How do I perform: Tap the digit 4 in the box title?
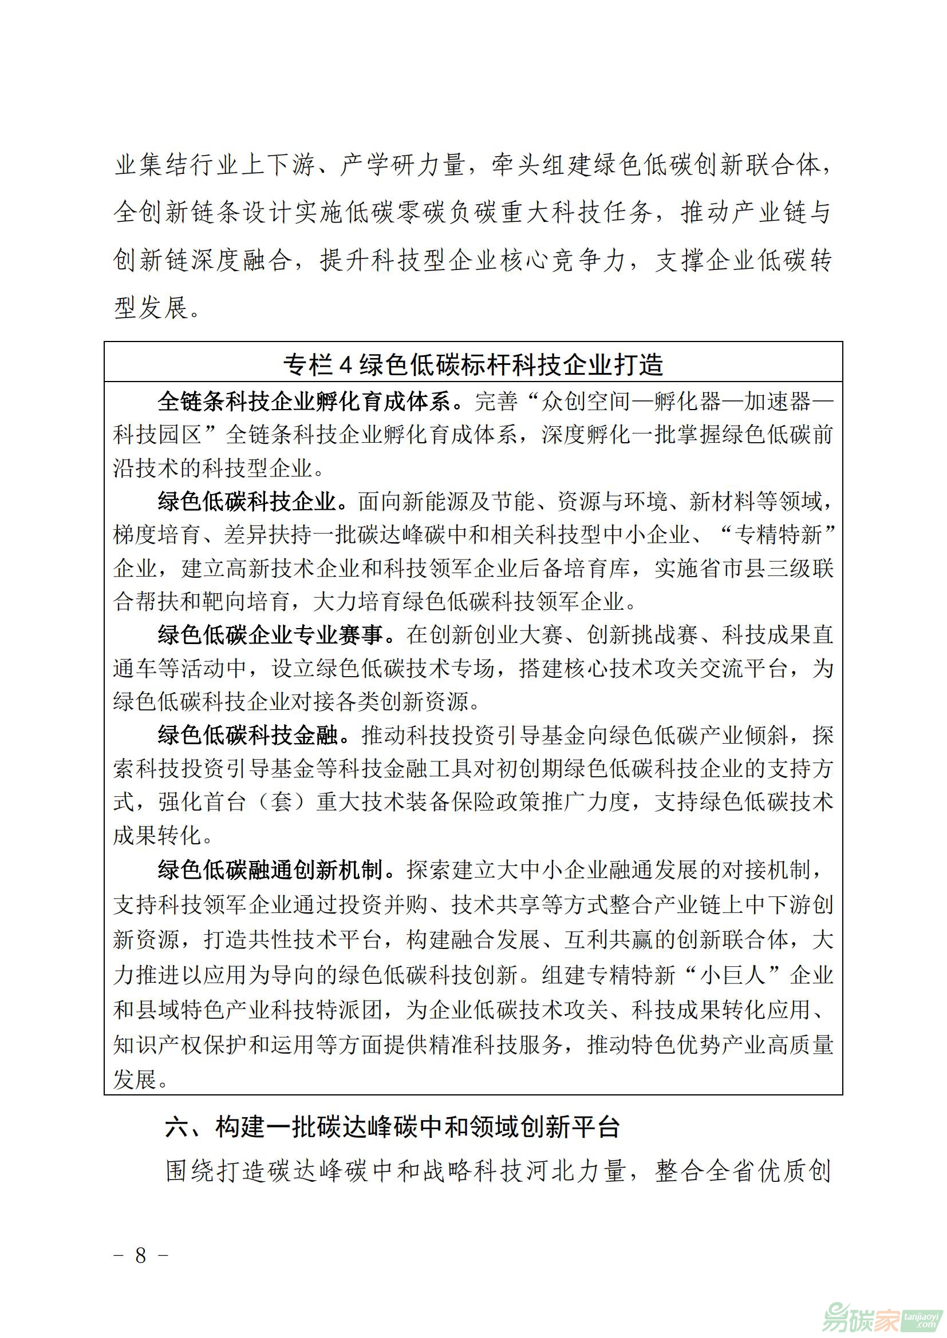pyautogui.click(x=346, y=366)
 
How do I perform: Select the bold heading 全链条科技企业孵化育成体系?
pyautogui.click(x=304, y=402)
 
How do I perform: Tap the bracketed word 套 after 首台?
pyautogui.click(x=282, y=803)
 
